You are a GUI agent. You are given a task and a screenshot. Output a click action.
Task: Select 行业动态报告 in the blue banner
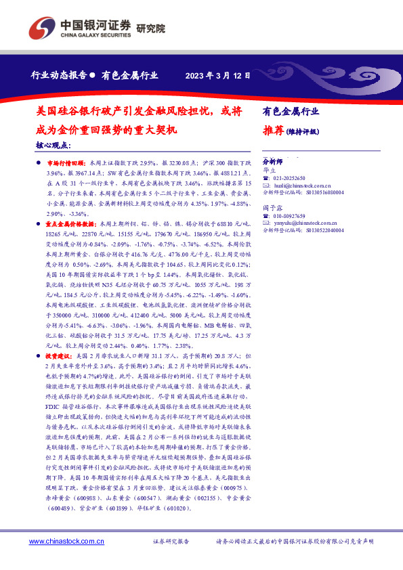point(59,76)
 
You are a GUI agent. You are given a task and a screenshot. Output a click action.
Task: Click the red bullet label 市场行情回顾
point(65,164)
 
